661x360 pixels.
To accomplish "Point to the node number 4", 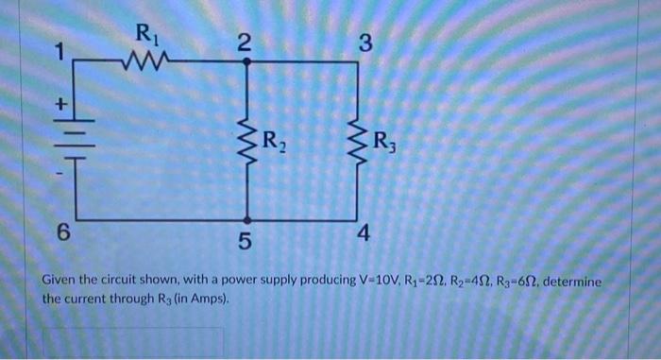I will [363, 231].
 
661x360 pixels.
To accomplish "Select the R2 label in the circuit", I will [276, 145].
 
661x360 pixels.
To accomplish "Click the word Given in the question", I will [63, 283].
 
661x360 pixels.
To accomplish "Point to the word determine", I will [573, 283].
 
